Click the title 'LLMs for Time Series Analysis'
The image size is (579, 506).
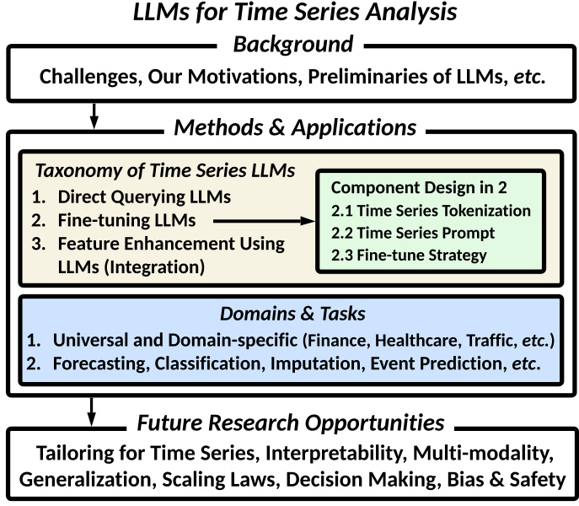(289, 13)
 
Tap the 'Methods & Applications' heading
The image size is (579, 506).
(294, 128)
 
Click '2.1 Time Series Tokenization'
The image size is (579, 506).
(431, 211)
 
